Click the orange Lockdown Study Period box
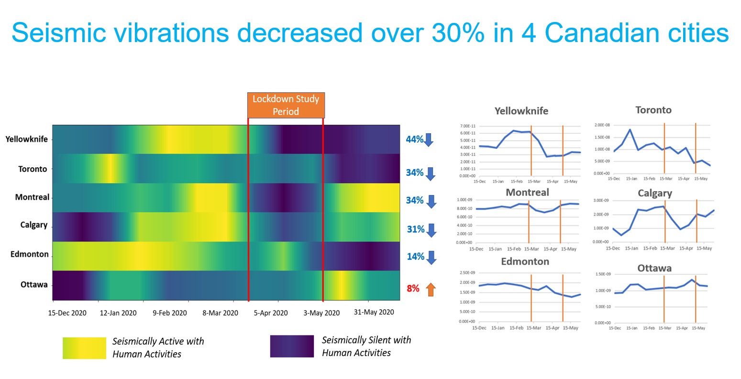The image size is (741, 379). (286, 105)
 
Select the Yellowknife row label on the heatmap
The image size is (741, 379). (27, 139)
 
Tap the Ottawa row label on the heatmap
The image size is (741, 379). (34, 285)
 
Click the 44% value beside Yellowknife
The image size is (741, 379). (414, 140)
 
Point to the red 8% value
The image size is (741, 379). (413, 289)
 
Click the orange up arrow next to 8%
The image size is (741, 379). (431, 289)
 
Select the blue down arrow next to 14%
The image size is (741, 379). (431, 257)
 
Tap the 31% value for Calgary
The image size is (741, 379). (415, 229)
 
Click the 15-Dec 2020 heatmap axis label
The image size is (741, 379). (67, 313)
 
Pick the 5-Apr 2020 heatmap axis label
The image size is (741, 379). (271, 313)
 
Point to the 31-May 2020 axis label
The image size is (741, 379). (374, 312)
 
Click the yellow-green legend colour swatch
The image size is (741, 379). (84, 348)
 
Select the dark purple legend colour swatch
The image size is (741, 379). (292, 347)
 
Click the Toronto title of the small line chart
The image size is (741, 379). (653, 110)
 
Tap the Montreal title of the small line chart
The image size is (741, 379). (527, 193)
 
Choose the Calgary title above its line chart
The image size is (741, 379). (654, 193)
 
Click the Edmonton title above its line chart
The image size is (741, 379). (525, 261)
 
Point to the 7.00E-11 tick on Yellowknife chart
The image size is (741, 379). (468, 126)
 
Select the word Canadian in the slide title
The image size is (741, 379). (601, 33)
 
